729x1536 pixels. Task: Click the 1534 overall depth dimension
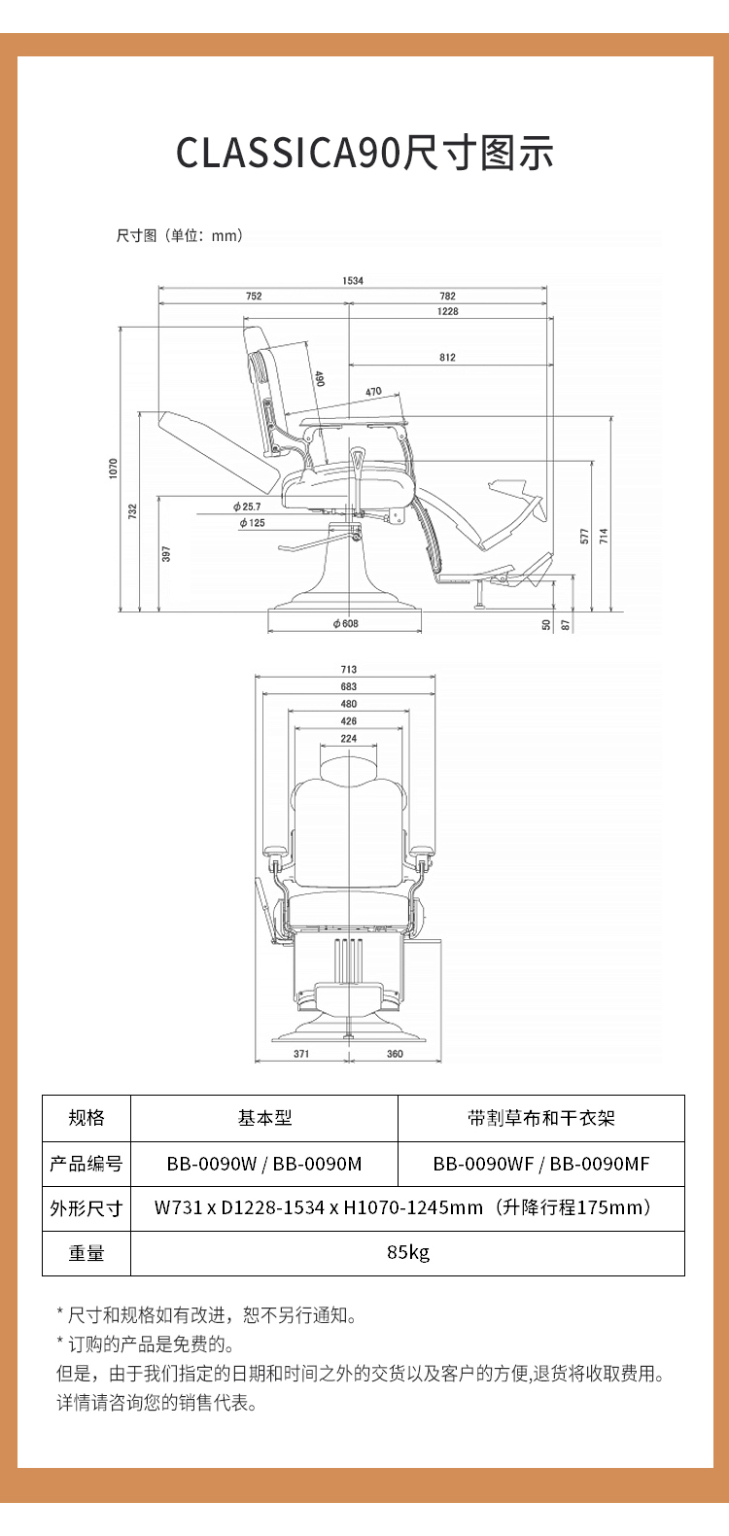(x=352, y=280)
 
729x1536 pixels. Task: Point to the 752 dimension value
(x=254, y=296)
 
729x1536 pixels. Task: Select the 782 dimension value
(x=447, y=296)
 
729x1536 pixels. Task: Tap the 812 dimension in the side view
(x=447, y=358)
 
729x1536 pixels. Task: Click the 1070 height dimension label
(x=114, y=470)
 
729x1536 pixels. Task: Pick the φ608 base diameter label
(x=345, y=623)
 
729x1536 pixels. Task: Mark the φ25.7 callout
(x=247, y=506)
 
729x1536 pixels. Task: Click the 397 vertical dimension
(x=166, y=553)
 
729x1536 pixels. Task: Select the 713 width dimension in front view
(x=349, y=670)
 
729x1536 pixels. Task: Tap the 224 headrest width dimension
(x=349, y=739)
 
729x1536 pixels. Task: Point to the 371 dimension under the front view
(x=301, y=1054)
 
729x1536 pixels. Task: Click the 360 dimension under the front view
(x=395, y=1054)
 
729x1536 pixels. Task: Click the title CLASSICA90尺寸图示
(x=364, y=154)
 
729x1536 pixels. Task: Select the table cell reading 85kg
(x=407, y=1252)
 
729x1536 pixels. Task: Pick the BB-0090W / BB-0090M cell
(x=264, y=1164)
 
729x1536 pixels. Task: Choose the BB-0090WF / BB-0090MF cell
(x=541, y=1164)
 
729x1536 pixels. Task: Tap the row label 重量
(x=87, y=1253)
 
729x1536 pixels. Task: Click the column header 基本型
(x=264, y=1118)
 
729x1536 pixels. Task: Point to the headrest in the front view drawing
(x=349, y=767)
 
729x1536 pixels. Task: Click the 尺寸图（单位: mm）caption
(x=180, y=235)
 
